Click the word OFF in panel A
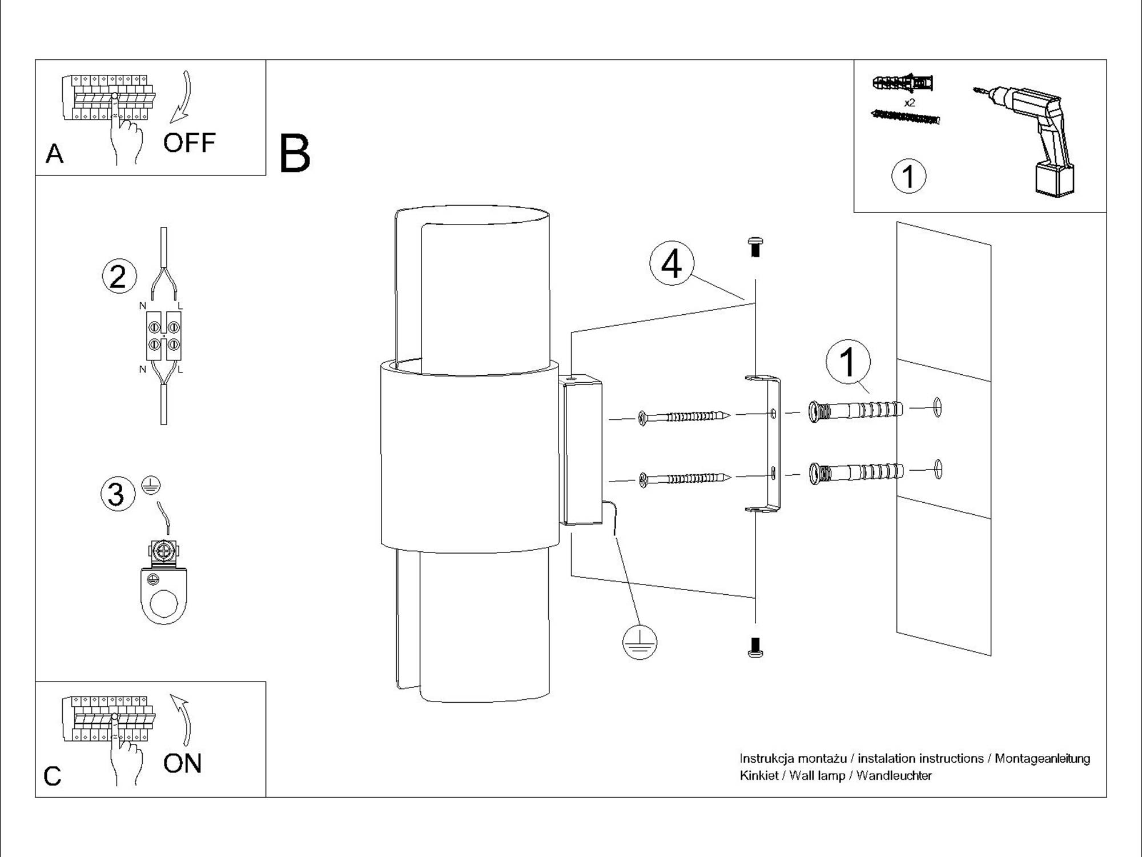click(189, 143)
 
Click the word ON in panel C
click(182, 763)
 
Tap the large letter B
click(295, 154)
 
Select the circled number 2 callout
click(119, 277)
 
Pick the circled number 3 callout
click(118, 494)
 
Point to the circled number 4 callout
click(671, 264)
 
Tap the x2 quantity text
click(910, 103)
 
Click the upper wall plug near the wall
click(855, 411)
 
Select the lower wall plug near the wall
click(855, 472)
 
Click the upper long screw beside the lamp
click(685, 417)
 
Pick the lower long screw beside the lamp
click(685, 479)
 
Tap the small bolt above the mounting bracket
click(755, 247)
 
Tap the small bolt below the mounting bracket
click(755, 647)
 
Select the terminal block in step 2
click(164, 336)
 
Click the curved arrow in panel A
click(183, 97)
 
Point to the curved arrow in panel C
click(183, 720)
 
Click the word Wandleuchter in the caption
click(894, 776)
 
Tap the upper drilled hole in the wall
click(937, 407)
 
